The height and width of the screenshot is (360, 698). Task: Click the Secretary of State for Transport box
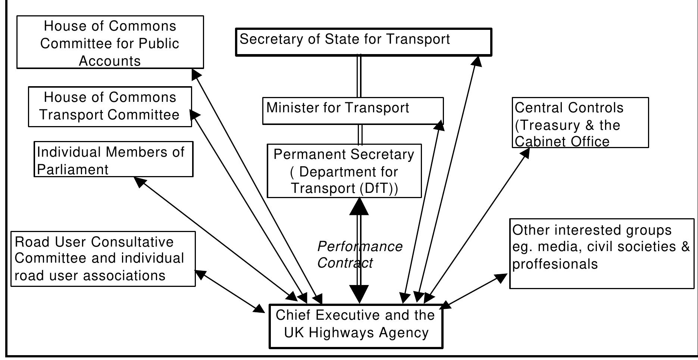coord(363,42)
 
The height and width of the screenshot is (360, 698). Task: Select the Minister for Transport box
coord(353,111)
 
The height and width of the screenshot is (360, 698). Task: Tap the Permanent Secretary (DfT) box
coord(344,171)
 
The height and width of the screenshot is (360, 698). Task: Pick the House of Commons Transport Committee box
coord(110,107)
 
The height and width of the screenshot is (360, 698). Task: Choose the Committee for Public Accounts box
coord(110,42)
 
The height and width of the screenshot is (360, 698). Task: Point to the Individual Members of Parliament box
coord(113,159)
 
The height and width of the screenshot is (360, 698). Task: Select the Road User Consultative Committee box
coord(103,259)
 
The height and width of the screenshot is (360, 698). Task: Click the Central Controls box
coord(580,123)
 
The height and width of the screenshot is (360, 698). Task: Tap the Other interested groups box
coord(601,254)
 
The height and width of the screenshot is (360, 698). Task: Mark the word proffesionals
coord(555,264)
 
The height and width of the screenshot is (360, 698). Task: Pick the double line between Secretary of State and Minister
coord(359,76)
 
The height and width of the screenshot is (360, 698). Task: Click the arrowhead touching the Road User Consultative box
coord(200,275)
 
